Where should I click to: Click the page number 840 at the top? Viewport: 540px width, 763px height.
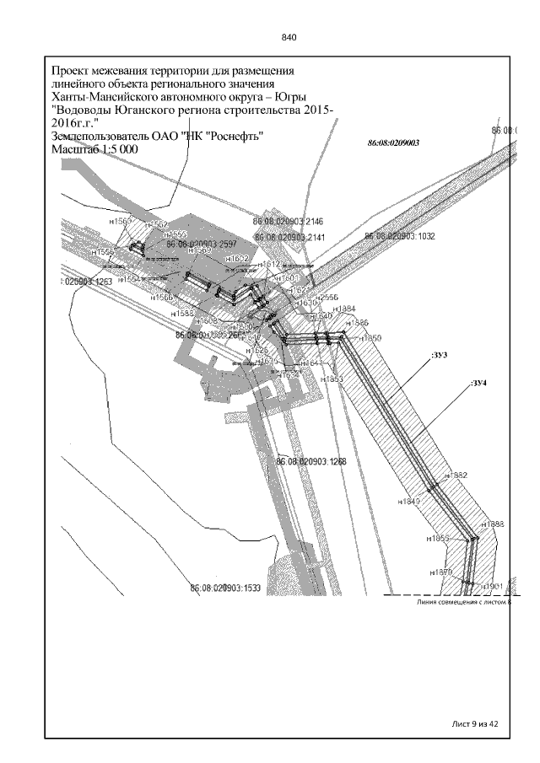click(x=289, y=38)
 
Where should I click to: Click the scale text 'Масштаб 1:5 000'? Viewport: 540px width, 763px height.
click(x=95, y=148)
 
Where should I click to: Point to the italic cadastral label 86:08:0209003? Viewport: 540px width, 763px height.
click(x=393, y=143)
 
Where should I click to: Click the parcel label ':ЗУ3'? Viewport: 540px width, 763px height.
click(x=438, y=356)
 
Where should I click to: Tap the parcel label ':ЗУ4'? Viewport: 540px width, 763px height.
click(x=479, y=384)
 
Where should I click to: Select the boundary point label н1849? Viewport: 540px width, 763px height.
click(x=408, y=502)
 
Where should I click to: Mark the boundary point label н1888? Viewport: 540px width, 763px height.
click(x=492, y=524)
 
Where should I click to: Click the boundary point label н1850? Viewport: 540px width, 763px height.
click(x=371, y=337)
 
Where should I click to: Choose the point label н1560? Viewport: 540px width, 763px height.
click(x=121, y=221)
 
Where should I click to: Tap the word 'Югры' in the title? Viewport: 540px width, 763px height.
click(x=308, y=97)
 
